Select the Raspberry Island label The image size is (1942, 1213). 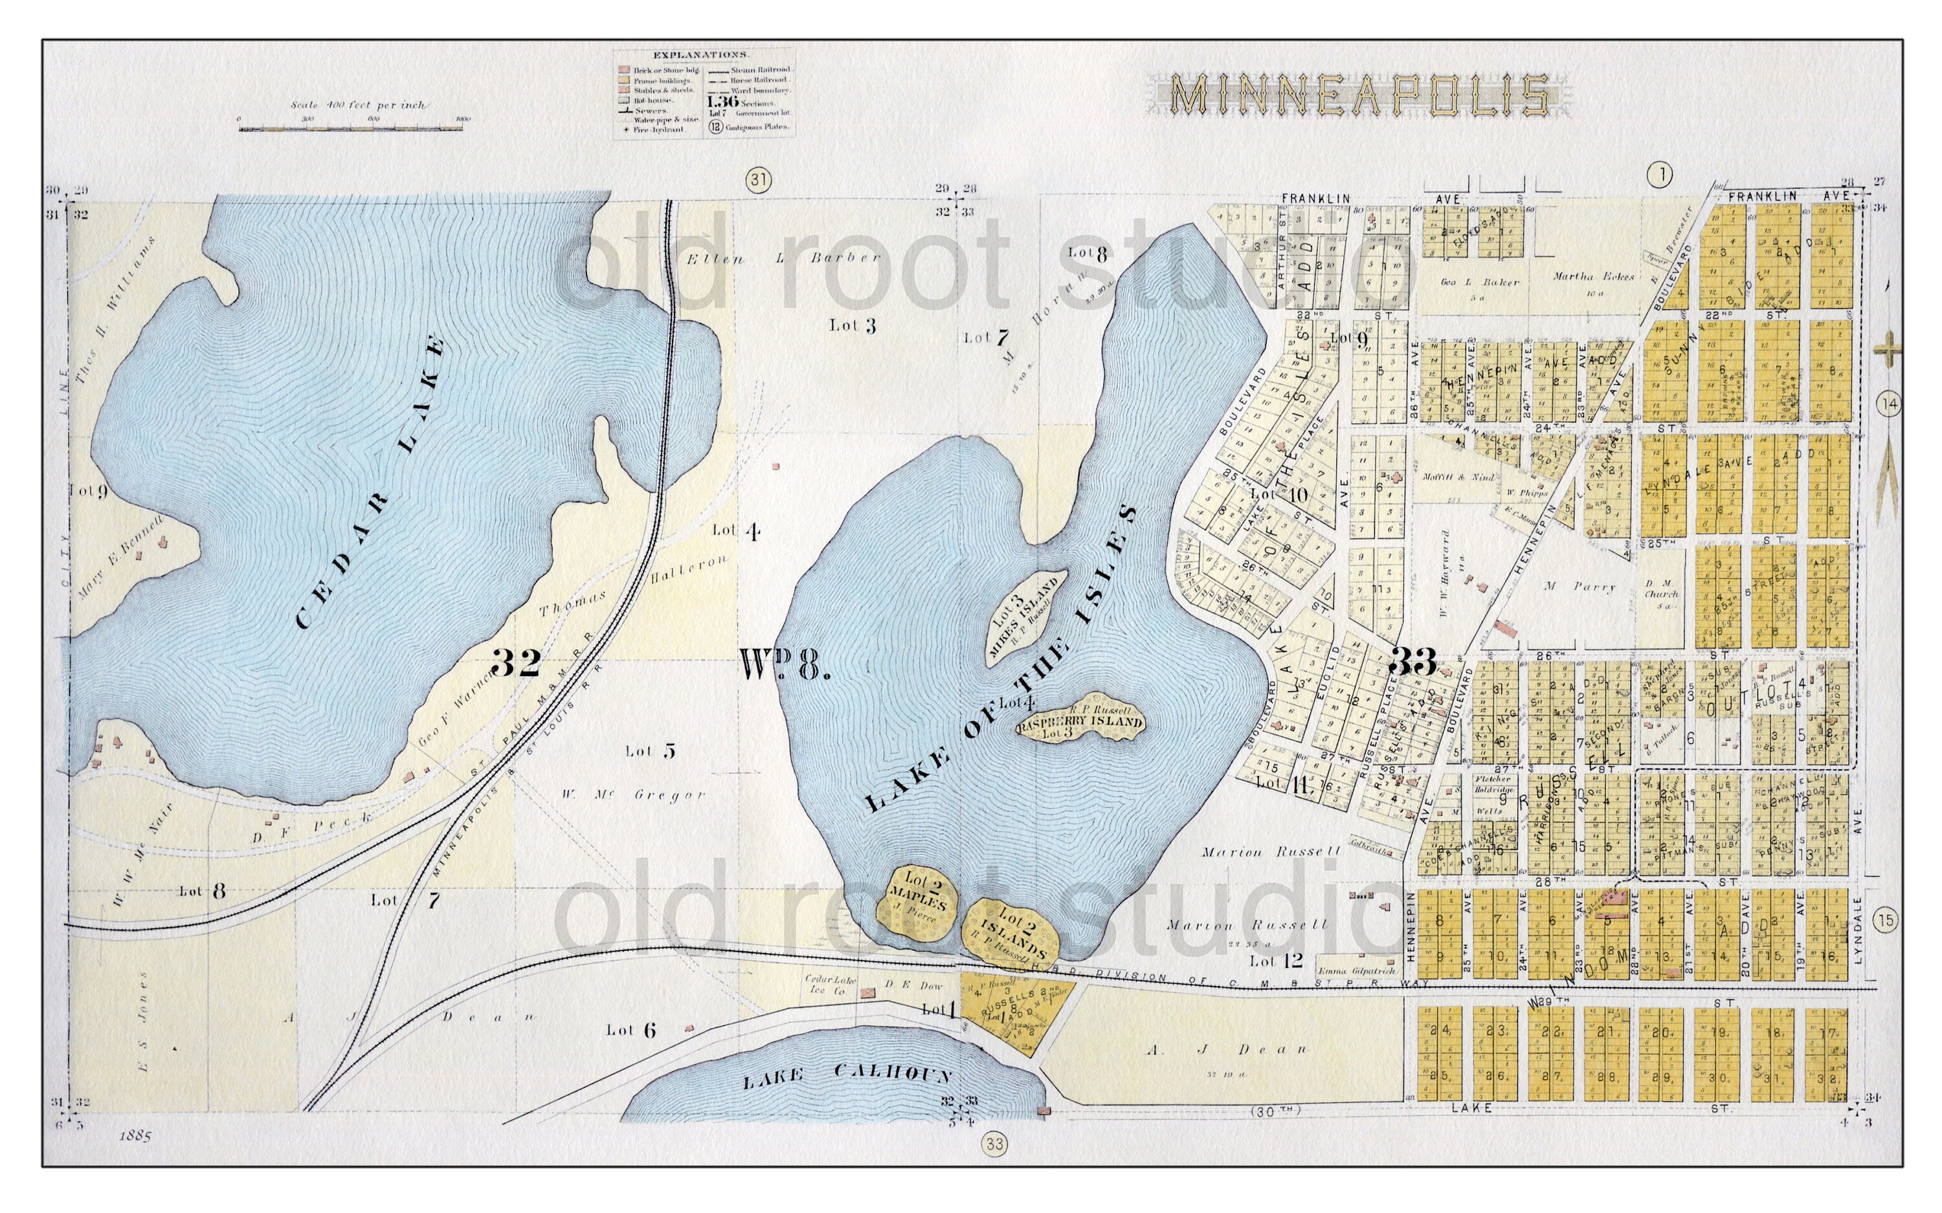click(x=1080, y=722)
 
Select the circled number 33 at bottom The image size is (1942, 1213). click(x=994, y=1144)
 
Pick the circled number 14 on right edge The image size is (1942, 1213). click(x=1889, y=404)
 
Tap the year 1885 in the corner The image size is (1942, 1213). click(x=134, y=1136)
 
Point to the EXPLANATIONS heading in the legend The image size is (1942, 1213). click(x=700, y=54)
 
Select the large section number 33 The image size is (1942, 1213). click(x=1412, y=662)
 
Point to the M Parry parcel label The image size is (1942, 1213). click(x=1580, y=586)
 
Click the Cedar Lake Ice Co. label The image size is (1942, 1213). click(x=830, y=985)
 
